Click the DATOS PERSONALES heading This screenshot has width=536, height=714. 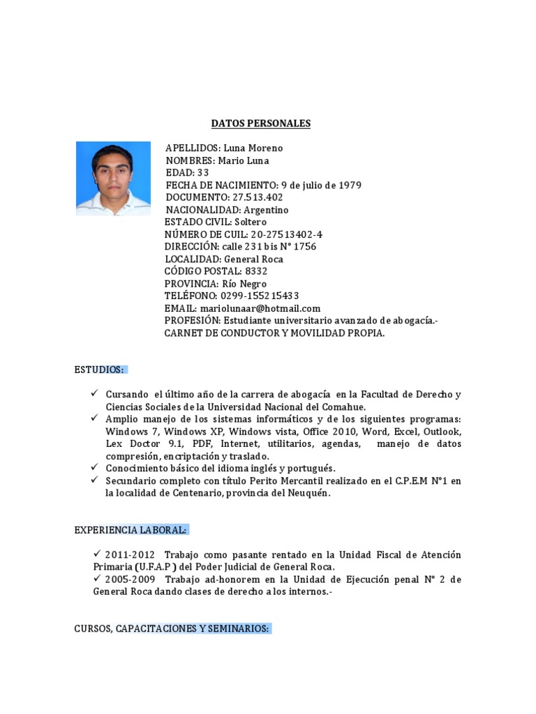[261, 123]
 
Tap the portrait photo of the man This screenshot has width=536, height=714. [113, 178]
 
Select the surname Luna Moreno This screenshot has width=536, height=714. [253, 149]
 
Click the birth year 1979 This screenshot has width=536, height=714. [350, 185]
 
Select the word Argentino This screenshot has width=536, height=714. [265, 210]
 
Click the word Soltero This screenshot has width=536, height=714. [251, 222]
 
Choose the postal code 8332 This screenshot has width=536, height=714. [255, 271]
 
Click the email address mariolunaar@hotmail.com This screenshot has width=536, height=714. [260, 308]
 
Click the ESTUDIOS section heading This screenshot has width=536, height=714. [99, 369]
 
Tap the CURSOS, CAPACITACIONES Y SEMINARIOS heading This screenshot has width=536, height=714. [172, 628]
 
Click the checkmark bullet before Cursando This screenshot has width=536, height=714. [95, 394]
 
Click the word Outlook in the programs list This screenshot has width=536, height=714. [444, 432]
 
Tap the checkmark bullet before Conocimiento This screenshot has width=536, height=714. [95, 468]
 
